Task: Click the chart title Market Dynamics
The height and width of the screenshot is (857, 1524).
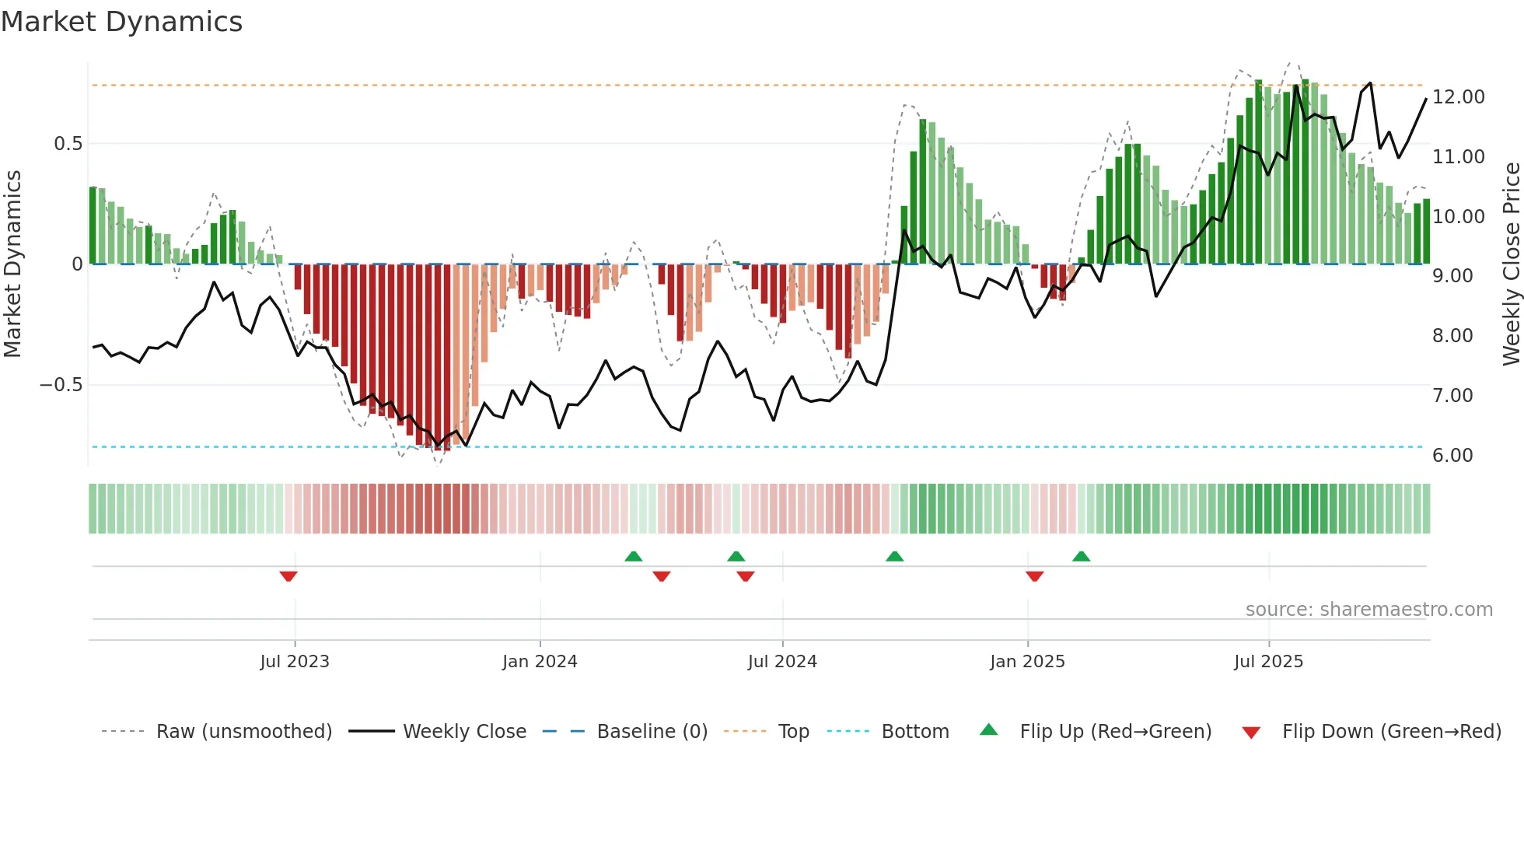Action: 121,22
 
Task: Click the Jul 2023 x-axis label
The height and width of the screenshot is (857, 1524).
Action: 295,662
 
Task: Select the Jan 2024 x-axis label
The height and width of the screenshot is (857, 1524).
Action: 540,662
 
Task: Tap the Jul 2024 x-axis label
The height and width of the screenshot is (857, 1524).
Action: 782,662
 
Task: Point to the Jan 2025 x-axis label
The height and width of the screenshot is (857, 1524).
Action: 1027,662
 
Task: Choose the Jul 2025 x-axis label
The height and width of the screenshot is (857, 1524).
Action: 1268,662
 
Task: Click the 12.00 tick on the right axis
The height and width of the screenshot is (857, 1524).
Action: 1458,97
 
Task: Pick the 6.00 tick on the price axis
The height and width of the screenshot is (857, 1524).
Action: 1452,456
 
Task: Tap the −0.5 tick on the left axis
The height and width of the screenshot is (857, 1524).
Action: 61,385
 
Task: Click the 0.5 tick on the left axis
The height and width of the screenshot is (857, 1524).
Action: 68,144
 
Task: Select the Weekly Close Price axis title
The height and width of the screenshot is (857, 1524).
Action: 1511,264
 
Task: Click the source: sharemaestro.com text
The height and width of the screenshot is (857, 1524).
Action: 1368,610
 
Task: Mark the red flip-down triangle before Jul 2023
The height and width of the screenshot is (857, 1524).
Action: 288,576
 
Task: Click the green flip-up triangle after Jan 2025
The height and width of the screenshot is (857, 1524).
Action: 1081,556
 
